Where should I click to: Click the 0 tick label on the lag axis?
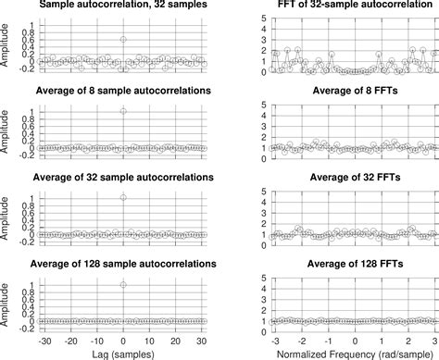pos(124,338)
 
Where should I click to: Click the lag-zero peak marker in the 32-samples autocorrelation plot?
pos(124,40)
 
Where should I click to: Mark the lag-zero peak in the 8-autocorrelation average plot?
pos(124,111)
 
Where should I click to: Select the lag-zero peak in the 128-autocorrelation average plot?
pos(124,285)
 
